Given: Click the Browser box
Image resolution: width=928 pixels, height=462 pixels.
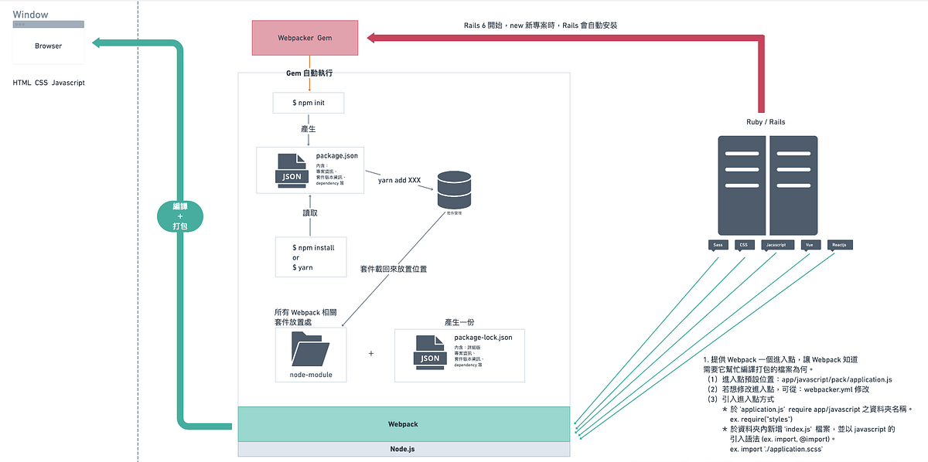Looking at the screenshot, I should coord(48,46).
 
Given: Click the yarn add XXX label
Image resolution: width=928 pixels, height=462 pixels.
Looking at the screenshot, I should coord(399,181).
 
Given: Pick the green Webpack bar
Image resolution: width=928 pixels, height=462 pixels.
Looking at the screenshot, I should coord(404,424).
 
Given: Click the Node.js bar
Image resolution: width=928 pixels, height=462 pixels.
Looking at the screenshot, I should coord(404,448).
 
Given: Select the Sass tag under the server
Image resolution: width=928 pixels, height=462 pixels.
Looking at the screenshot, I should coord(718,245).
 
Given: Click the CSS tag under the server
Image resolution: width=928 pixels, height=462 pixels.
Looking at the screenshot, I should coord(744,245).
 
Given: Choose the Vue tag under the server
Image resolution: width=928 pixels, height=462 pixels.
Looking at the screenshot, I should coord(810,245).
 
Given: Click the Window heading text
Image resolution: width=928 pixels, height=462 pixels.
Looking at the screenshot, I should coord(30,15).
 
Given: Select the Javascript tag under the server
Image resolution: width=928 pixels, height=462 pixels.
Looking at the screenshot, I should coord(776,245).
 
